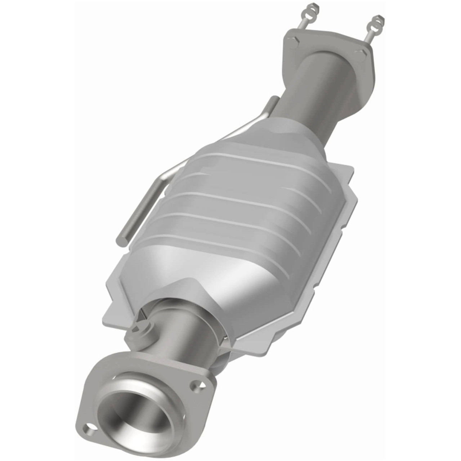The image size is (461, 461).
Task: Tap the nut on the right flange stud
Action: [377, 19]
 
